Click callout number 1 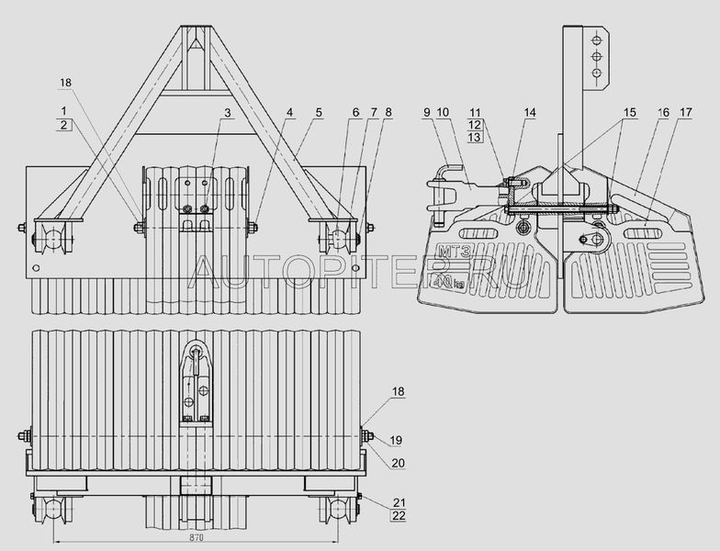tap(64, 110)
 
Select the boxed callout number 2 tap(64, 125)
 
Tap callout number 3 tap(227, 112)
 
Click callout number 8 tap(389, 112)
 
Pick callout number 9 tap(427, 112)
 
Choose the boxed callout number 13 tap(475, 137)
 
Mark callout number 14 tap(530, 112)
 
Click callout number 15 tap(630, 112)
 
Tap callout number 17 tap(686, 112)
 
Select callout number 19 tap(396, 441)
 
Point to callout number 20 tap(399, 463)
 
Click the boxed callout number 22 tap(399, 516)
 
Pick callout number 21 tap(399, 502)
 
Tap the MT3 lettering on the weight tap(448, 252)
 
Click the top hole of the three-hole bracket tap(597, 39)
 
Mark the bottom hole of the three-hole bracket tap(597, 73)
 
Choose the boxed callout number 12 tap(475, 125)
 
